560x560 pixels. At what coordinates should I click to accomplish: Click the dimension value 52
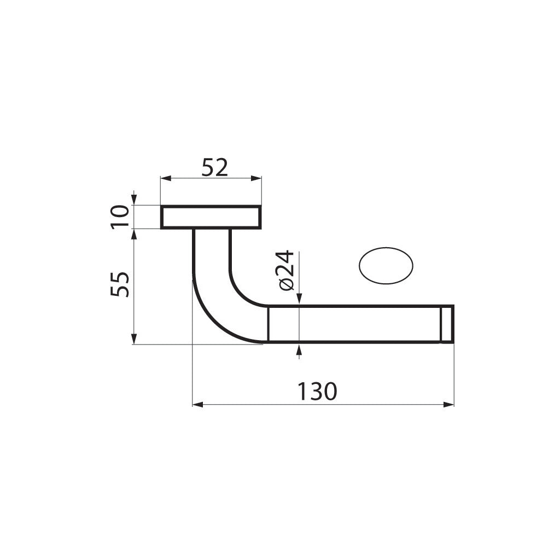point(214,167)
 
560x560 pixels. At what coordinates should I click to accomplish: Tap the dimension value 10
point(120,217)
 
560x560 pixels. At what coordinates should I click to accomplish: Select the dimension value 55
point(120,284)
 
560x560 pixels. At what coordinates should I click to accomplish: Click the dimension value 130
point(317,392)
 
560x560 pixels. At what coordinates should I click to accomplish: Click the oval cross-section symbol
point(386,266)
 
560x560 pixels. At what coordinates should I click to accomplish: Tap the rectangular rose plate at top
point(211,217)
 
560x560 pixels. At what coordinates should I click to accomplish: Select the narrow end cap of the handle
point(447,324)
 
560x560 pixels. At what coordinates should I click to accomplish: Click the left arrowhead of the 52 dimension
point(165,178)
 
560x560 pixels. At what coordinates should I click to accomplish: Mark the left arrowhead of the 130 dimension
point(197,405)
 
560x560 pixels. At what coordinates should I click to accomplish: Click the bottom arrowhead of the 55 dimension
point(133,340)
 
